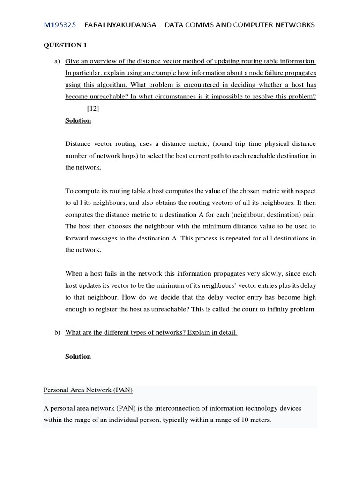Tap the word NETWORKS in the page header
point(294,25)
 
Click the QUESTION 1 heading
point(65,45)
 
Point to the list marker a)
point(57,61)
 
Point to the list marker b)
point(57,333)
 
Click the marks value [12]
point(93,109)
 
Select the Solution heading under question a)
point(78,121)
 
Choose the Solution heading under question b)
point(78,357)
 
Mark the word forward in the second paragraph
point(77,238)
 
